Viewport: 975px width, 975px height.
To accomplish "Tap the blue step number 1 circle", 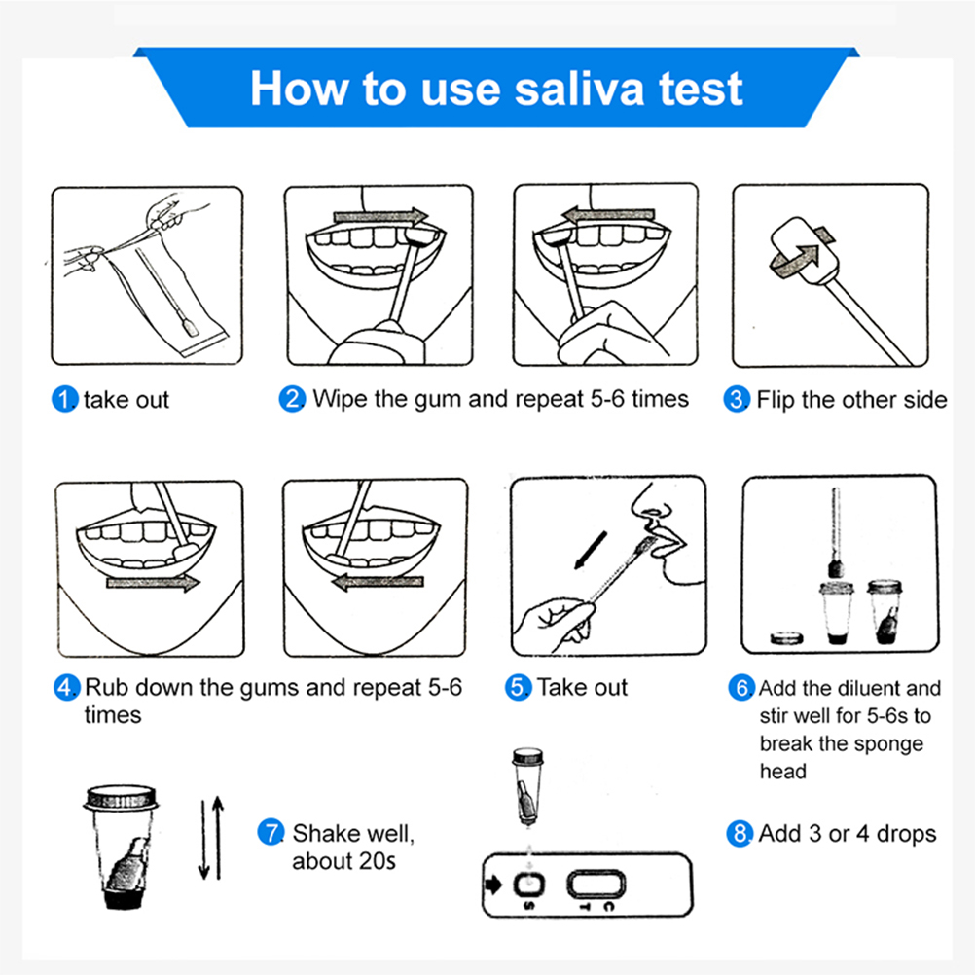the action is click(64, 399).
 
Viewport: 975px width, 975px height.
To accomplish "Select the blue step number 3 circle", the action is click(737, 399).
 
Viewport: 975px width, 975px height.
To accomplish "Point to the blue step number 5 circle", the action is click(518, 688).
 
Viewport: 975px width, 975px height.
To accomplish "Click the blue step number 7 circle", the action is click(271, 833).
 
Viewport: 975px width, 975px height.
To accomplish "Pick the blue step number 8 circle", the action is click(740, 834).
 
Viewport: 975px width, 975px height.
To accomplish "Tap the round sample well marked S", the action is click(529, 884).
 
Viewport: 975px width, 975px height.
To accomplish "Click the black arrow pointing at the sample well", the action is click(493, 885).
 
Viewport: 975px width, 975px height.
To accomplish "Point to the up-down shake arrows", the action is click(211, 838).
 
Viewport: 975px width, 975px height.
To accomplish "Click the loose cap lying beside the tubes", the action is click(786, 638).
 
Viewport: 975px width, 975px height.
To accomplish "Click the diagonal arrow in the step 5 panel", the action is click(590, 551).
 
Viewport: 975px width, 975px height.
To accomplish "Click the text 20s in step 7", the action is click(378, 862).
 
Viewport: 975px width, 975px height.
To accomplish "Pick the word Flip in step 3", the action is click(776, 400).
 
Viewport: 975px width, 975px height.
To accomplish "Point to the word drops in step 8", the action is click(906, 835).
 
